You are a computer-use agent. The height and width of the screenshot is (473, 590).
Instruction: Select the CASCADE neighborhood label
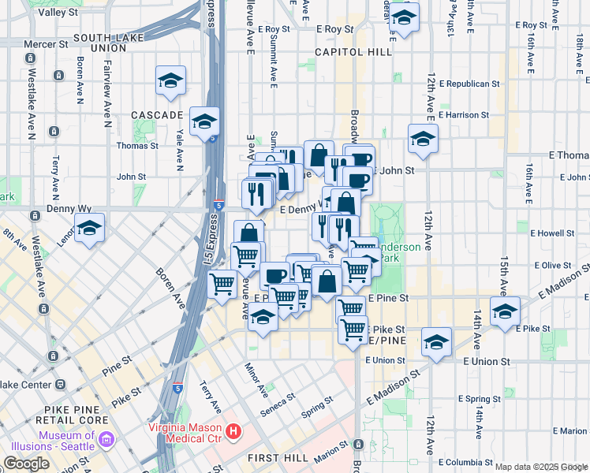tap(157, 115)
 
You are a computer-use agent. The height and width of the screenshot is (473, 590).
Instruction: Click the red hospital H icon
tap(233, 431)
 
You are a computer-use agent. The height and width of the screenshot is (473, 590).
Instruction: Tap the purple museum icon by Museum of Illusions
tap(107, 437)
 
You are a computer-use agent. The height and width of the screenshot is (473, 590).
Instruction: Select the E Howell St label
tap(552, 233)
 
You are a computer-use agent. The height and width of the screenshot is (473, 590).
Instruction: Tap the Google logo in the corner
tap(26, 463)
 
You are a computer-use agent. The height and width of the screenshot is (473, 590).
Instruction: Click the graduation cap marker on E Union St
tap(435, 342)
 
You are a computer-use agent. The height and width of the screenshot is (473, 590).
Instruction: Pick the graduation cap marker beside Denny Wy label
tap(90, 228)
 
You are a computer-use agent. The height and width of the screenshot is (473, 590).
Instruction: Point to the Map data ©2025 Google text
tap(541, 467)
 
